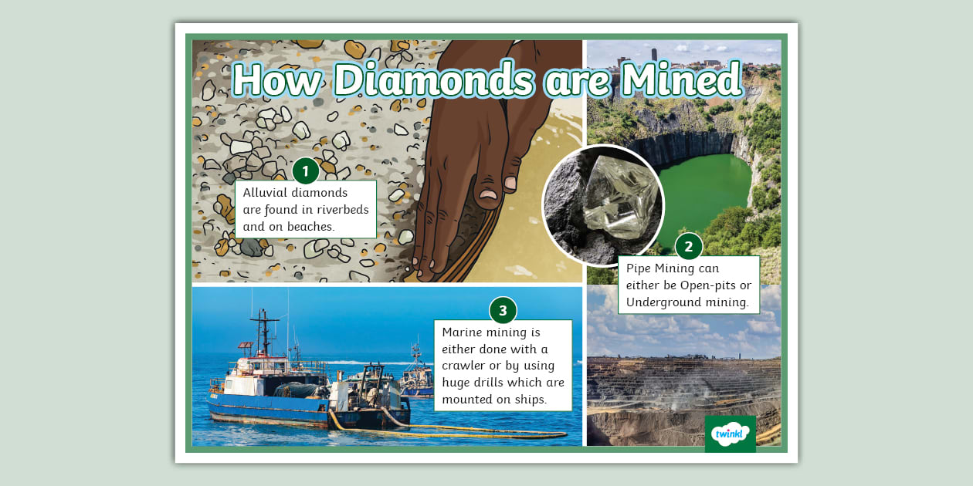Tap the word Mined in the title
(x=683, y=79)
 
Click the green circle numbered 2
(x=689, y=247)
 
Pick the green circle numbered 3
(x=503, y=311)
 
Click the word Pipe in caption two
(x=639, y=268)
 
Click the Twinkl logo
(x=730, y=434)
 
